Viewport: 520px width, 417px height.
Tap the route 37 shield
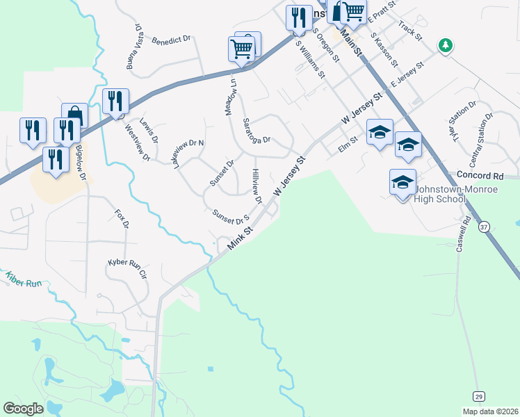[485, 227]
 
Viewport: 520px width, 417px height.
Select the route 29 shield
[478, 396]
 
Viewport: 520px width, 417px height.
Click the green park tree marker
[445, 46]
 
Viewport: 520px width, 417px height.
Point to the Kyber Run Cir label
[127, 268]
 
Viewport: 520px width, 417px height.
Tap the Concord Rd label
[480, 176]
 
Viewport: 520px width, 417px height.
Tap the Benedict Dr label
[170, 40]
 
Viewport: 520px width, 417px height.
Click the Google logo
[23, 408]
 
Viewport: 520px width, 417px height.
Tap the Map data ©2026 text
[490, 411]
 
